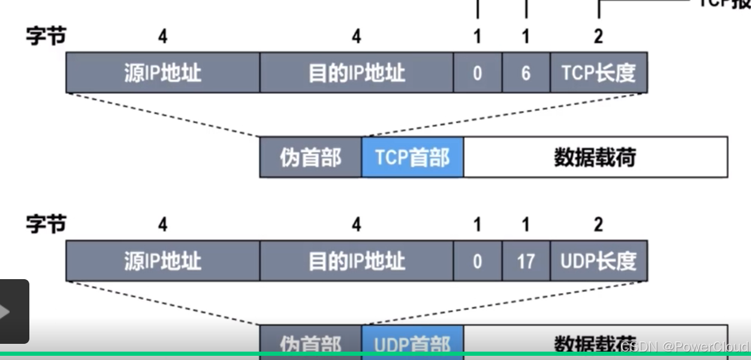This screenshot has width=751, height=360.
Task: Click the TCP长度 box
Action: click(598, 72)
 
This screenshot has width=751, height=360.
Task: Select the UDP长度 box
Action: click(598, 261)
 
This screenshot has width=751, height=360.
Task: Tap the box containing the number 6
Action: click(526, 72)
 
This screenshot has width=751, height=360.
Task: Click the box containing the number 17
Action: click(526, 261)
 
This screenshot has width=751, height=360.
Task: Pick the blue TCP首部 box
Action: click(412, 158)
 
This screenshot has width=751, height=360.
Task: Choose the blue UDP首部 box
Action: click(412, 342)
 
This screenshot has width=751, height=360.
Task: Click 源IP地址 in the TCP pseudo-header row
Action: click(162, 72)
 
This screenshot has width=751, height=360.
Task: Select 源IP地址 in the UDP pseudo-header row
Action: click(162, 261)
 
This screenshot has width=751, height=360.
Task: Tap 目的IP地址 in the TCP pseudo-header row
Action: click(357, 72)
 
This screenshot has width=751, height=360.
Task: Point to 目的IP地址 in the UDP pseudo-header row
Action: click(357, 261)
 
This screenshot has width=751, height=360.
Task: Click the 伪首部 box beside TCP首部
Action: click(310, 158)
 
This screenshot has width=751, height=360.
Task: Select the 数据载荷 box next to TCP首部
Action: click(595, 158)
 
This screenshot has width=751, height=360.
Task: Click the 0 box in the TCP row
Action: click(477, 72)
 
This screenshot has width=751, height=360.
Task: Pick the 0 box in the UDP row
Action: click(477, 261)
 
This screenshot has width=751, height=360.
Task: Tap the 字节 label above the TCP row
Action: click(46, 36)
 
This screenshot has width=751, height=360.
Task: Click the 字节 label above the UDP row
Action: click(46, 225)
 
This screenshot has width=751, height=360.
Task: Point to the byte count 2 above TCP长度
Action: click(598, 37)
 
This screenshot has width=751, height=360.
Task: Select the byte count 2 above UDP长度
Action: click(598, 225)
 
